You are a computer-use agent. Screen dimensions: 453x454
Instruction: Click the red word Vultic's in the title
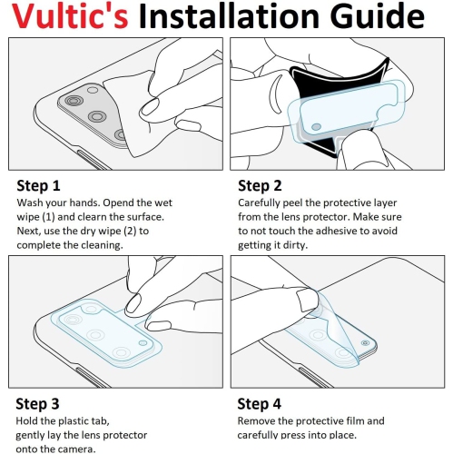coord(70,15)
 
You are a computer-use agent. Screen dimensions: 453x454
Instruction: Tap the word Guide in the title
coord(377,15)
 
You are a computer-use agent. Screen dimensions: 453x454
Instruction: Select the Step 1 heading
coord(38,185)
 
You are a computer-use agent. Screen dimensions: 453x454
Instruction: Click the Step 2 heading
coord(260,185)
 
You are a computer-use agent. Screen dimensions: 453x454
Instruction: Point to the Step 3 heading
coord(37,404)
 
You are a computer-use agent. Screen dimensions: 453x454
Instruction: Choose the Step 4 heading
coord(259,404)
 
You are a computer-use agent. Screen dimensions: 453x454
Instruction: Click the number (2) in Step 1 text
coord(130,232)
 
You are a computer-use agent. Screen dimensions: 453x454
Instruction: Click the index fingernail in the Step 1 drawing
coord(150,107)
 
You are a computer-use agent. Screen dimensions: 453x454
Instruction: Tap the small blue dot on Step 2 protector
coord(316,126)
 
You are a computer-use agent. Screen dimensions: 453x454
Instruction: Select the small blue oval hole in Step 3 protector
coord(143,343)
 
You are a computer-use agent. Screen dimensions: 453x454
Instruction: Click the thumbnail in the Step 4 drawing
coord(306,300)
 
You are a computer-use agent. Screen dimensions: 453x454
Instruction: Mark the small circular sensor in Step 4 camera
coord(365,343)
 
